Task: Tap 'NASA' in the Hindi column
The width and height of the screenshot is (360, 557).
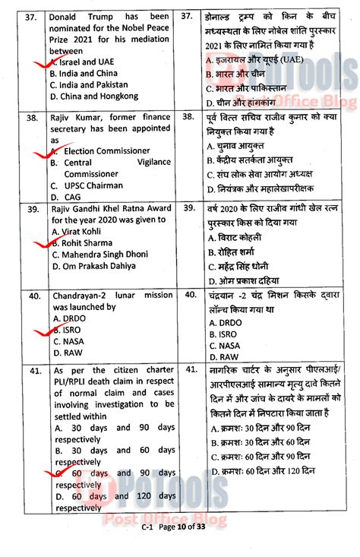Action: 226,345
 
